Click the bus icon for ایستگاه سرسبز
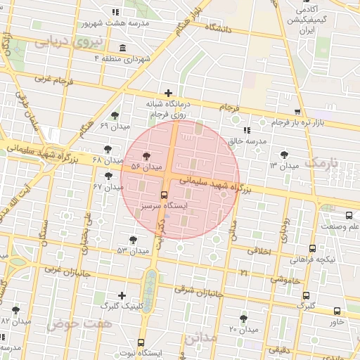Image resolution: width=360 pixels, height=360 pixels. (x=165, y=195)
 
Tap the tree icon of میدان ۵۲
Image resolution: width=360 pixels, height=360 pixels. (x=146, y=157)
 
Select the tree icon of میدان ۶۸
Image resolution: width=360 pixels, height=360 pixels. (x=108, y=149)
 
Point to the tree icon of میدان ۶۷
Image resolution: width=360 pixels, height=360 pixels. (x=108, y=176)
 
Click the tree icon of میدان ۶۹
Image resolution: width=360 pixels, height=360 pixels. (x=115, y=115)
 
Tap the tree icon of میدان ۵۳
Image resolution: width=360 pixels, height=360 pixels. (x=133, y=240)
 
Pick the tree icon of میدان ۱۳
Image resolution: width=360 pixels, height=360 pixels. (x=284, y=155)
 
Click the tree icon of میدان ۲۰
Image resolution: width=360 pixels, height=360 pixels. (x=243, y=319)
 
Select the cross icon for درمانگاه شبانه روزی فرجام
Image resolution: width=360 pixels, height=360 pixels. (x=168, y=93)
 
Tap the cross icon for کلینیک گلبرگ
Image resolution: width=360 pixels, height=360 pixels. (x=123, y=295)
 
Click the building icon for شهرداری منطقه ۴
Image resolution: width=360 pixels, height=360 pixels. (x=124, y=48)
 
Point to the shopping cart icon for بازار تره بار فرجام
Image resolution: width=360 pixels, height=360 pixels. (x=298, y=112)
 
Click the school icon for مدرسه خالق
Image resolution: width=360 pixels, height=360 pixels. (x=246, y=130)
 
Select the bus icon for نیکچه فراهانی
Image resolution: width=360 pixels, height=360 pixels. (x=312, y=248)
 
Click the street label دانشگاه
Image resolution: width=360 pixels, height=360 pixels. (x=219, y=29)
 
